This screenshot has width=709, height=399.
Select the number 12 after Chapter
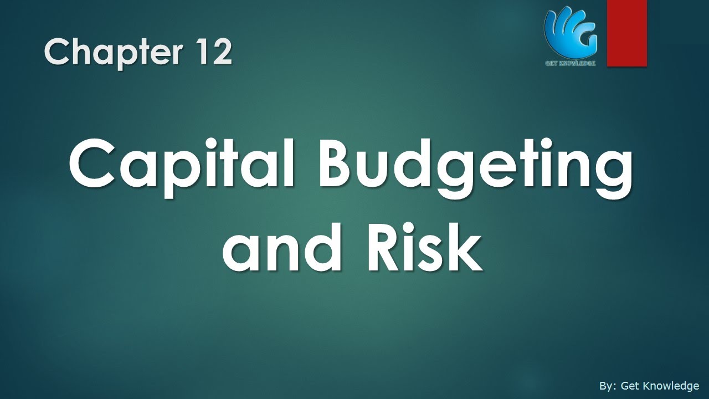tap(213, 53)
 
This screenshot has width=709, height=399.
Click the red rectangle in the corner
tap(626, 33)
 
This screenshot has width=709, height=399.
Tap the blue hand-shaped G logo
tap(570, 30)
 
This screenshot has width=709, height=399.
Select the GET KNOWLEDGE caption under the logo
tap(571, 63)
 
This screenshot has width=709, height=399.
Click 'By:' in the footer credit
tap(608, 386)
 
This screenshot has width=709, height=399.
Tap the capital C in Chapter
tap(56, 53)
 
